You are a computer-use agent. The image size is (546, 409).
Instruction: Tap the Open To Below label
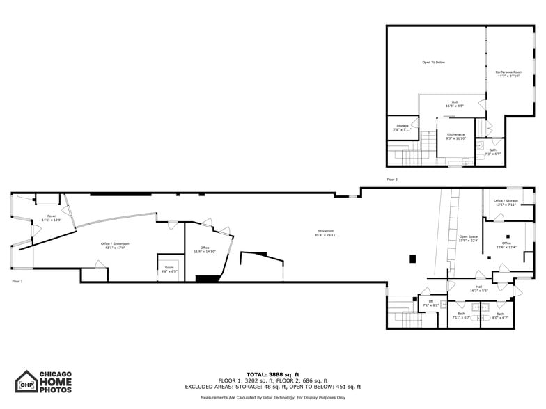tap(433, 63)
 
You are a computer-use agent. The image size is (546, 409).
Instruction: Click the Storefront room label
tap(327, 233)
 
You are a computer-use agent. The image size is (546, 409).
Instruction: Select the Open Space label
tap(469, 239)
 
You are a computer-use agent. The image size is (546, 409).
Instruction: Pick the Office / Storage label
tap(506, 202)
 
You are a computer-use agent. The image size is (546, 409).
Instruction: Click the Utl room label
tap(431, 303)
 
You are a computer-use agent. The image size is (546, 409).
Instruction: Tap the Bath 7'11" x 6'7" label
tap(461, 315)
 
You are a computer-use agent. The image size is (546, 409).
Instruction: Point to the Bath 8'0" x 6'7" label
tap(500, 315)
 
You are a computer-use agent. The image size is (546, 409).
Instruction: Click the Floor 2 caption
tap(392, 179)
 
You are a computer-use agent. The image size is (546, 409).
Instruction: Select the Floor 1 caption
tap(17, 281)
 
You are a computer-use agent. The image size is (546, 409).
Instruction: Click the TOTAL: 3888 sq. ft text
tap(272, 375)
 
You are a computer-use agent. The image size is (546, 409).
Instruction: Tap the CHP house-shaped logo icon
tap(27, 382)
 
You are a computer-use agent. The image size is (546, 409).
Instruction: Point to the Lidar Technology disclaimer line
tap(272, 397)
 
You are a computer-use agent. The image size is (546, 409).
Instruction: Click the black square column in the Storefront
tap(412, 259)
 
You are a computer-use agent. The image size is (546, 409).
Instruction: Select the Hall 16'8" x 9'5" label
tap(455, 104)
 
